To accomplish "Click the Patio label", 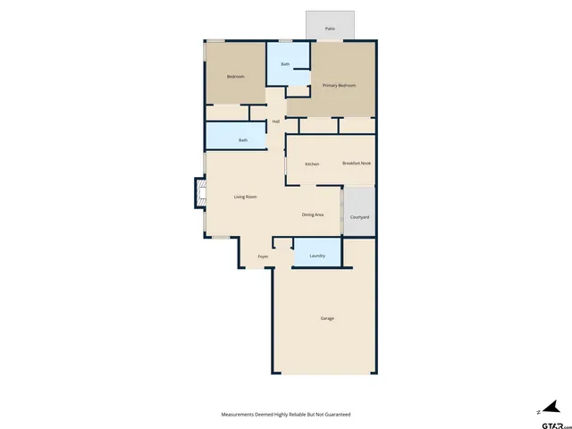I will point(330,29).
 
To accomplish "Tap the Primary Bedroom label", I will point(340,85).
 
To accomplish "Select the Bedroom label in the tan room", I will point(235,77).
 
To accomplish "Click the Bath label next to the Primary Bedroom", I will point(285,64).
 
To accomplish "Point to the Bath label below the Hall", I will point(243,140).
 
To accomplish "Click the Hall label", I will point(276,122).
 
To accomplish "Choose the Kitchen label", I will point(312,164).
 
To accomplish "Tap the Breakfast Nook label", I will point(357,164).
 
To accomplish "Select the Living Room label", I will point(246,197).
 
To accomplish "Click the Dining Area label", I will point(312,214).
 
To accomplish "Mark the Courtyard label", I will point(360,217).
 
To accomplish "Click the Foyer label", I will point(264,257).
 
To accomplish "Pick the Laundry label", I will point(317,257).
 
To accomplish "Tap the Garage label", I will point(328,318).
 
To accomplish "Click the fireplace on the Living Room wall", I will point(200,194).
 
